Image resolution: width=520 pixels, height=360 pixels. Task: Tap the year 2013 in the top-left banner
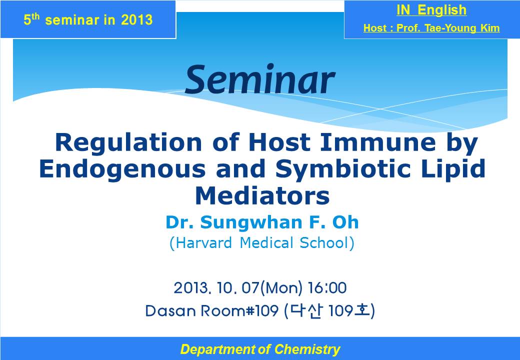click(x=136, y=20)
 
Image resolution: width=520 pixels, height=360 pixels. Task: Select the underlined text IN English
click(x=431, y=10)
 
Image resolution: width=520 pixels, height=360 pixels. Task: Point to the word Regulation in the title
click(x=128, y=142)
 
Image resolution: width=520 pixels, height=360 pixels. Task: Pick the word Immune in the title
click(x=377, y=142)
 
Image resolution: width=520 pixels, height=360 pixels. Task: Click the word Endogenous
click(x=122, y=169)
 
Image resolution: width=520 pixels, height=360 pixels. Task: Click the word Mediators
click(x=262, y=195)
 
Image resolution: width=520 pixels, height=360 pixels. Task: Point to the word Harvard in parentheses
click(x=200, y=243)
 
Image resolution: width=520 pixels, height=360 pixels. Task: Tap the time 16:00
click(x=327, y=287)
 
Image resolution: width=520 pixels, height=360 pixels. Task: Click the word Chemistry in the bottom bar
click(x=307, y=349)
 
